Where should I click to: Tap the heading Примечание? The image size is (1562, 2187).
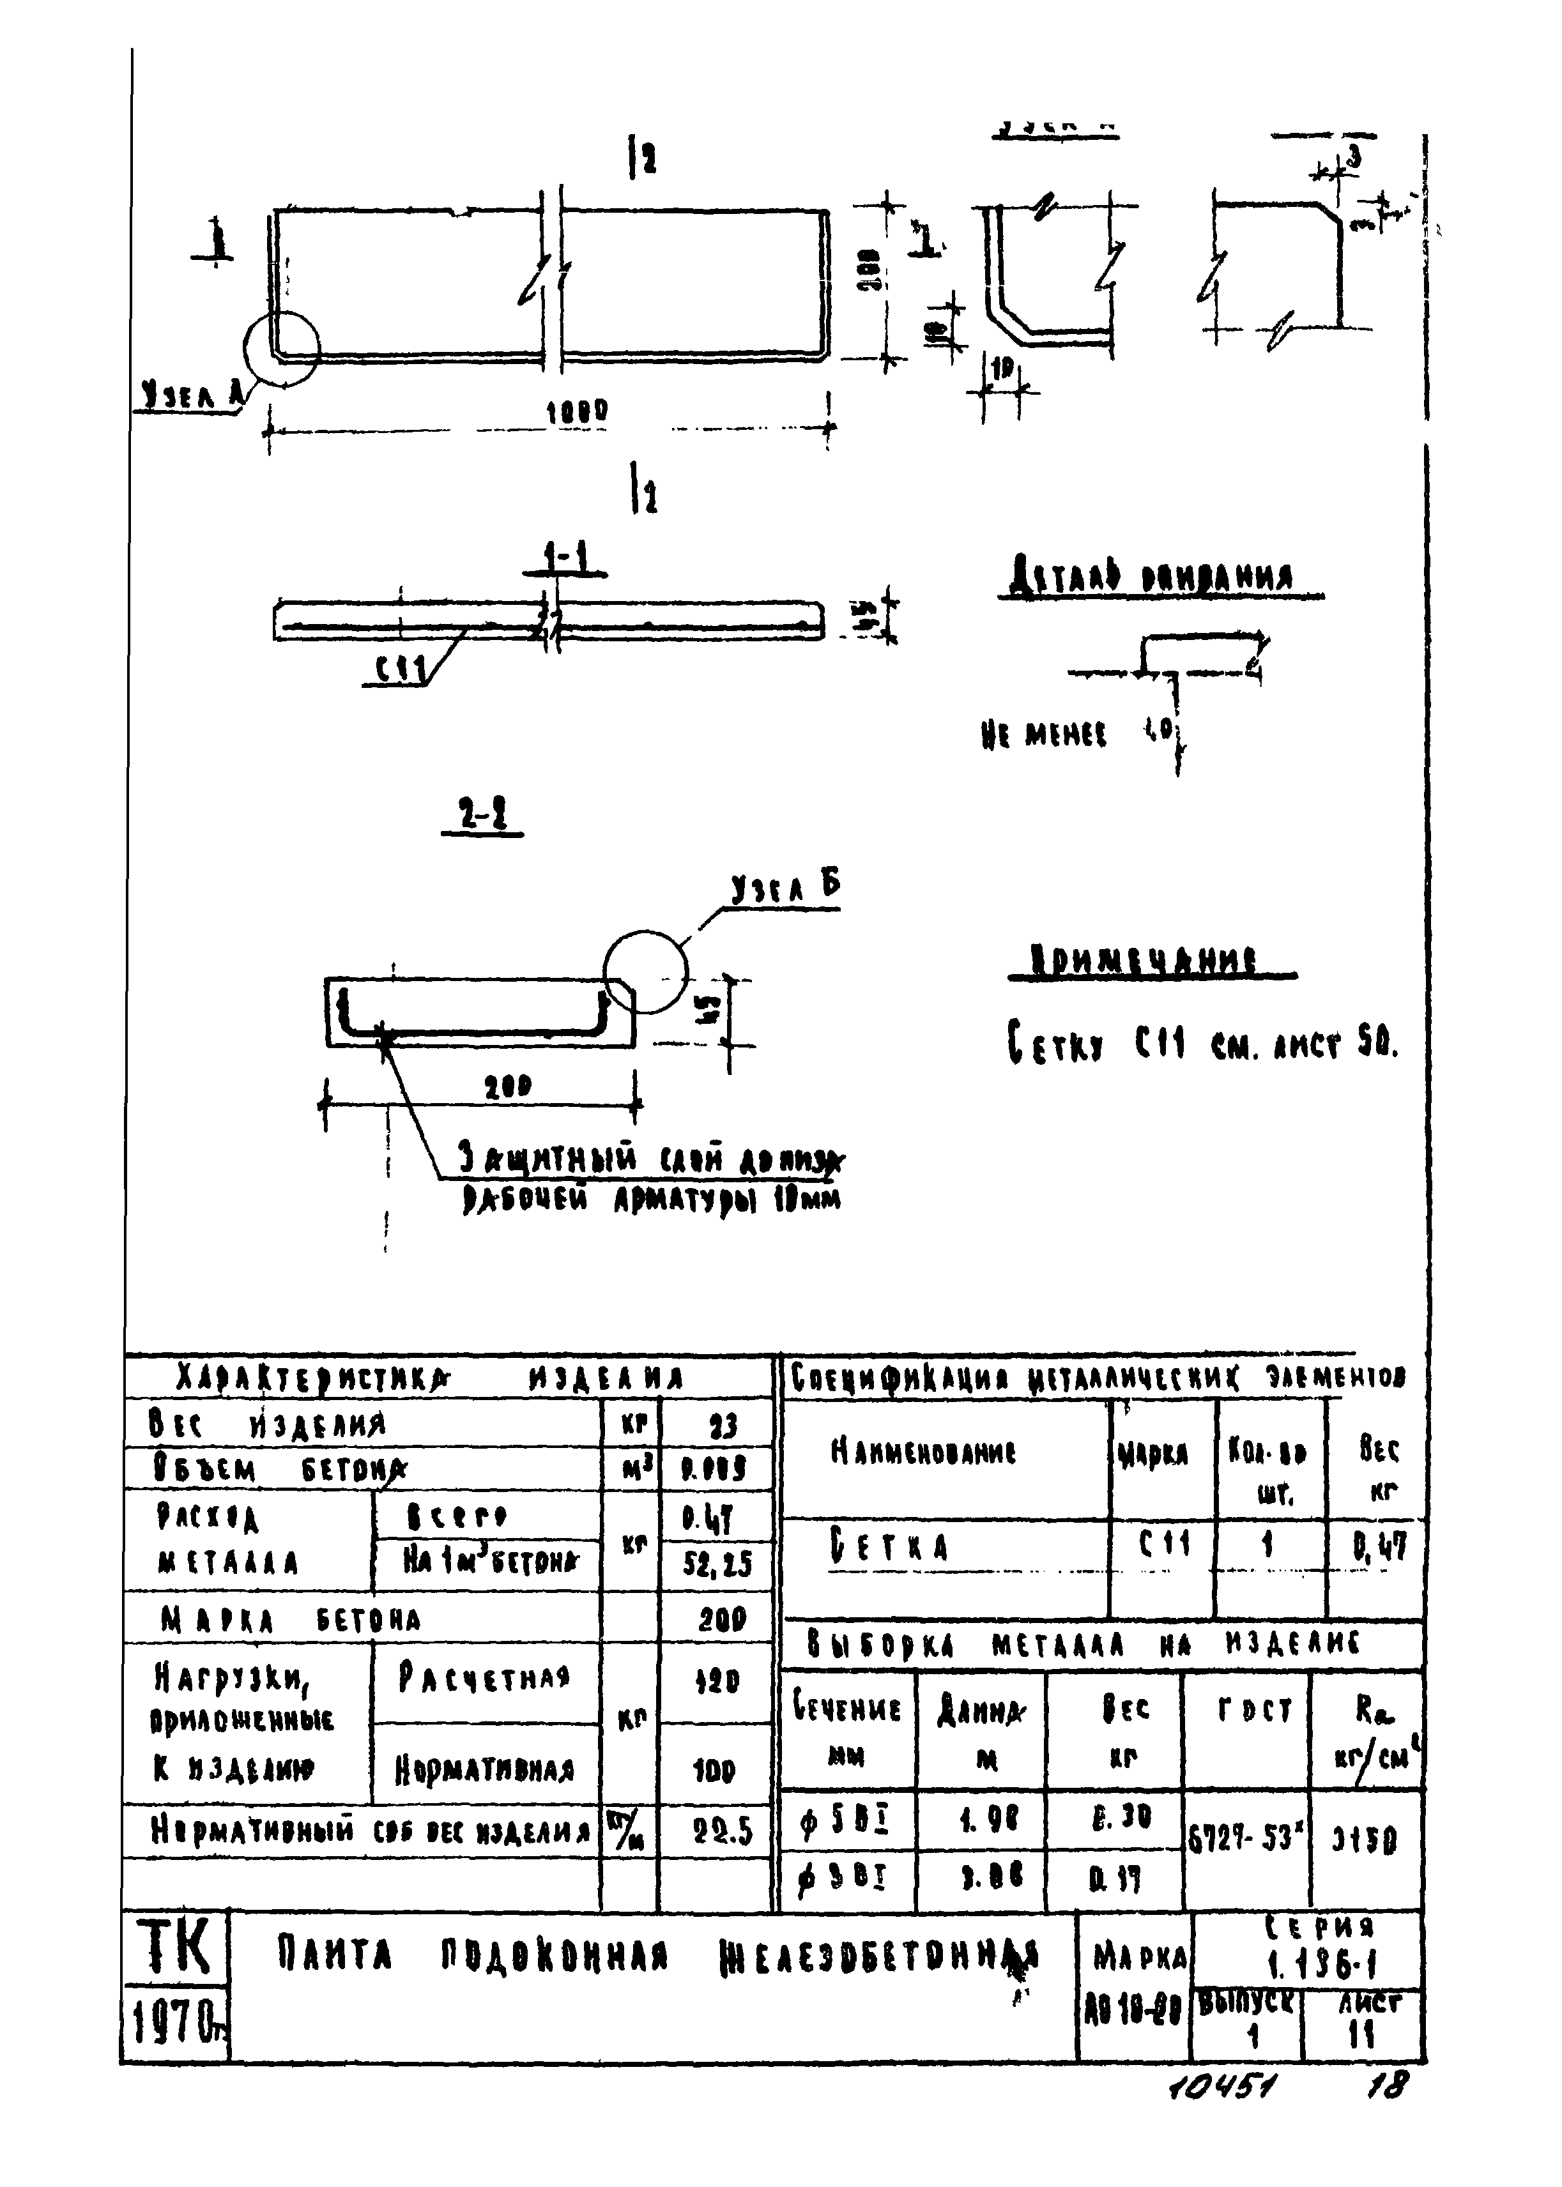pyautogui.click(x=1145, y=960)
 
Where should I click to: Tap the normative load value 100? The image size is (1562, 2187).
pyautogui.click(x=715, y=1770)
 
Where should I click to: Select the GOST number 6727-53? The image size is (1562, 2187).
pyautogui.click(x=1244, y=1839)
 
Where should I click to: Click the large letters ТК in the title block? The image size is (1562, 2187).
pyautogui.click(x=174, y=1947)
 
